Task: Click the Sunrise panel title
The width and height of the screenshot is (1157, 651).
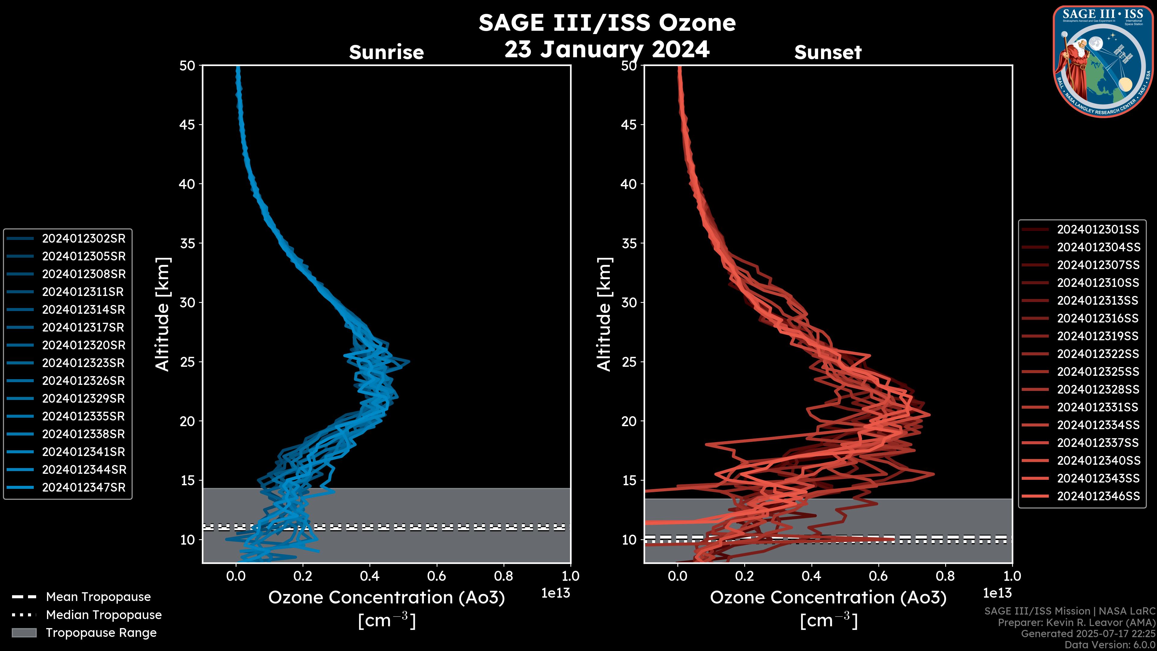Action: coord(386,52)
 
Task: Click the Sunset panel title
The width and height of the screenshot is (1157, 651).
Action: coord(828,52)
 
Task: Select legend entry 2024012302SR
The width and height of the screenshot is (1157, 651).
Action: coord(83,239)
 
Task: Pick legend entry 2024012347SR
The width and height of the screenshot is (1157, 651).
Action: coord(83,487)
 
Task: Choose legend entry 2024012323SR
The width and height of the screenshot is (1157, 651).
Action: coord(83,363)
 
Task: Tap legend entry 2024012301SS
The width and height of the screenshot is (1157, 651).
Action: coord(1098,230)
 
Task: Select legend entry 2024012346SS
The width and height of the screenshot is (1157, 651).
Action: coord(1098,496)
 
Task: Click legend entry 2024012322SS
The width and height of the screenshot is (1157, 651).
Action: coord(1098,354)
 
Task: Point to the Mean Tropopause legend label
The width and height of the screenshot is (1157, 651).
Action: coord(98,597)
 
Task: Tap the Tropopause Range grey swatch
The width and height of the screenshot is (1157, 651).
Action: coord(24,633)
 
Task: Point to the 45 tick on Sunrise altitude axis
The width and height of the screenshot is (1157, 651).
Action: coord(187,124)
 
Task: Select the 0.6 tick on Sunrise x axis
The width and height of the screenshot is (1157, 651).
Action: coord(437,576)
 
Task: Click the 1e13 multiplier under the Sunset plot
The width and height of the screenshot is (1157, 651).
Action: coord(997,593)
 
